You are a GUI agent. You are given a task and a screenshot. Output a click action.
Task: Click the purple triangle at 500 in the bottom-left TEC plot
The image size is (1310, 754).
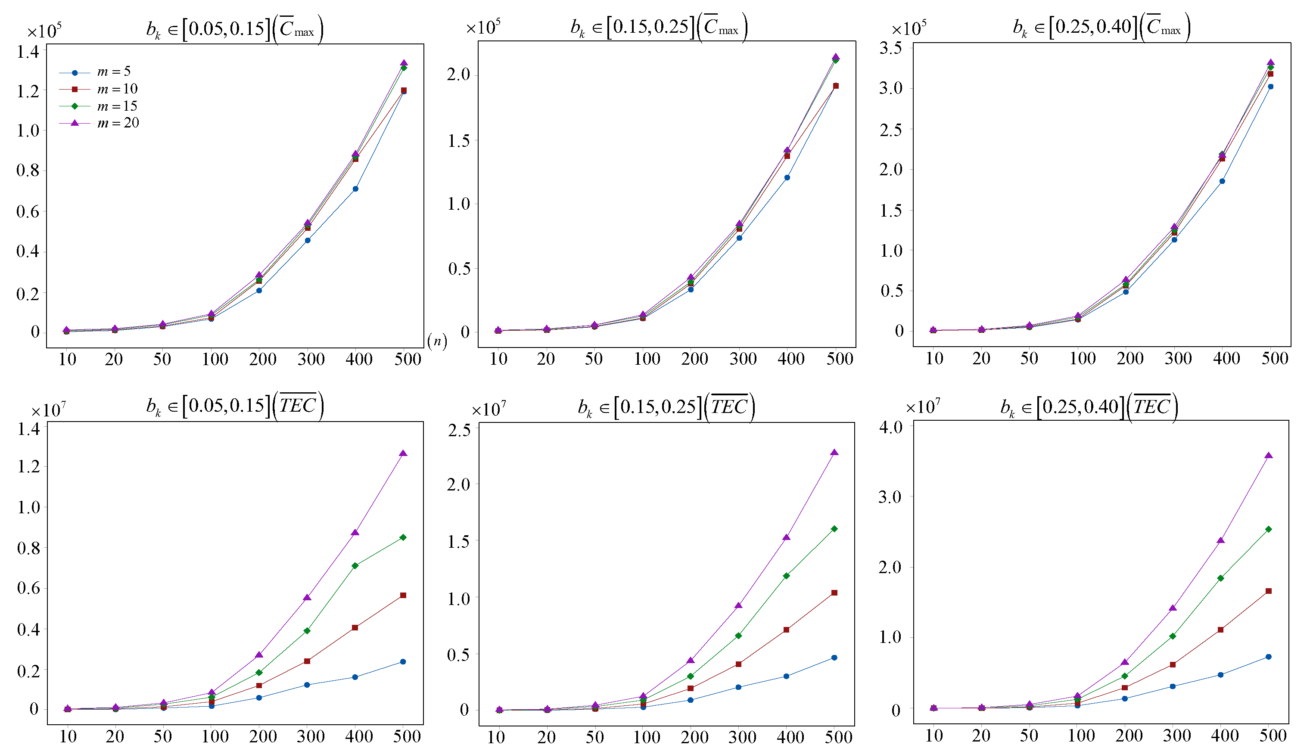[x=403, y=453]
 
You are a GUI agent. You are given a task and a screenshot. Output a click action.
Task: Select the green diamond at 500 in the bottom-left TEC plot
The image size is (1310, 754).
[x=403, y=537]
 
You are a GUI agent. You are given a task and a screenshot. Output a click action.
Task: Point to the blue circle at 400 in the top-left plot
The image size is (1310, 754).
[x=355, y=189]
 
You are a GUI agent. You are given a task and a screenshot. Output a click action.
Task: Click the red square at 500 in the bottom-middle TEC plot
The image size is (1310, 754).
[x=834, y=593]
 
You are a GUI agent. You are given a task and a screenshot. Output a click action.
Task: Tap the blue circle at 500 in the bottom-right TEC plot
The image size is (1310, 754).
[x=1269, y=657]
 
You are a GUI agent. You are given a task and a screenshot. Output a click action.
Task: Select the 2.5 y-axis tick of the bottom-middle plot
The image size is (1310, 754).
[x=459, y=430]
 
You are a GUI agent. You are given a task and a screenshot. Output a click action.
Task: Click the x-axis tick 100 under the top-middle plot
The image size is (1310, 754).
[x=647, y=359]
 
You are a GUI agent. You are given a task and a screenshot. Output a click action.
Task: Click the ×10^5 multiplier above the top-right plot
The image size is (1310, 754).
[x=909, y=28]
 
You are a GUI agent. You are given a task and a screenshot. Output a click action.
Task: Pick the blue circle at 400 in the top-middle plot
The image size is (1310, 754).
[x=787, y=177]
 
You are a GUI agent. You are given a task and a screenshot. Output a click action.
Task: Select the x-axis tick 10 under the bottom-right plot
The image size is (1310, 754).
[x=934, y=736]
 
